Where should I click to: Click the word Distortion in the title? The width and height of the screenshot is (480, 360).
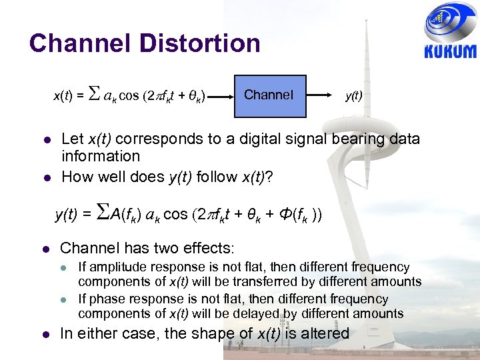pos(200,43)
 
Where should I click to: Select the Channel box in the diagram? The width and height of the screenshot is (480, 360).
pos(269,95)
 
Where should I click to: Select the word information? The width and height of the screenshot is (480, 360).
pos(101,156)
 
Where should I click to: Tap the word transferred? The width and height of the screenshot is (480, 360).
pos(251,281)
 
